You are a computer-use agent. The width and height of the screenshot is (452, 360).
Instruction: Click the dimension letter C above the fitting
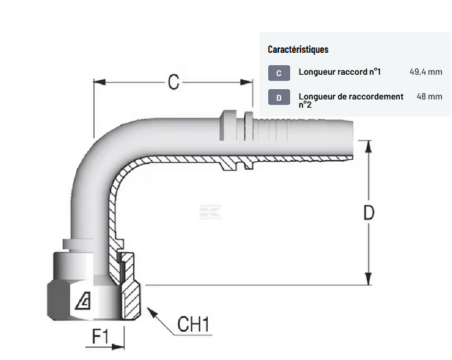coord(174,82)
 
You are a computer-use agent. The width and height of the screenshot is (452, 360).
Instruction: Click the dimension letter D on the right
coord(368,213)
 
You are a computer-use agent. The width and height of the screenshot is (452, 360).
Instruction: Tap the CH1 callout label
coord(193,324)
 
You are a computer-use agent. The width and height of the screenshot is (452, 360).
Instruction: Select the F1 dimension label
coord(101,337)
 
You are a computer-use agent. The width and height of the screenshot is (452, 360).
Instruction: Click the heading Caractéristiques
coord(298,49)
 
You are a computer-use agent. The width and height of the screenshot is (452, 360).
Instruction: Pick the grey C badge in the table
coord(278,73)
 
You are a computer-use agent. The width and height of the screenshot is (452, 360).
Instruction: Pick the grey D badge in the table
coord(278,97)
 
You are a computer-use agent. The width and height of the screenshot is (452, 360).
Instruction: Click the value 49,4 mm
coord(425,72)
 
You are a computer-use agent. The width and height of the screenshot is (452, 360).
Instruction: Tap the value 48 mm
coord(429,97)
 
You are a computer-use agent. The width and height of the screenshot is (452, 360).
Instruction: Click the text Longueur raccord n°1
coord(340,72)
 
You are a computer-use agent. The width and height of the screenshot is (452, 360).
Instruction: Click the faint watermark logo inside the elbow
coord(210,212)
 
